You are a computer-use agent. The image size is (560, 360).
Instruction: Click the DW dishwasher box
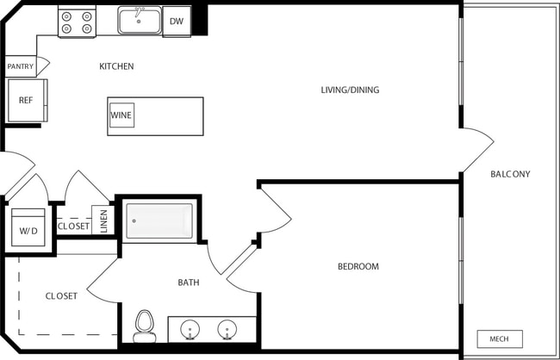pyautogui.click(x=177, y=22)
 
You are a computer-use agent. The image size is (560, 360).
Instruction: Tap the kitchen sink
pyautogui.click(x=140, y=21)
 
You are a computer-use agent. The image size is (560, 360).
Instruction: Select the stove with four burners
pyautogui.click(x=77, y=22)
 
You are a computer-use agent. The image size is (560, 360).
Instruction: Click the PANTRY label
pyautogui.click(x=20, y=66)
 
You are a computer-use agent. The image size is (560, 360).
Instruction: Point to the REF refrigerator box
pyautogui.click(x=26, y=100)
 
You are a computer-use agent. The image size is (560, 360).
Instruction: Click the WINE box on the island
pyautogui.click(x=121, y=115)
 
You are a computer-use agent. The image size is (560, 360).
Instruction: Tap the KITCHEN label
pyautogui.click(x=116, y=66)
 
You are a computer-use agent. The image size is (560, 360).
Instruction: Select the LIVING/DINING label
pyautogui.click(x=350, y=90)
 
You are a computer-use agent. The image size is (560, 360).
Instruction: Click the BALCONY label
pyautogui.click(x=510, y=174)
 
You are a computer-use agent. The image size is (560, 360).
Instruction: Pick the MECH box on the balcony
pyautogui.click(x=499, y=338)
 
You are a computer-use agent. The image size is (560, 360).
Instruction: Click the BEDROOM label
pyautogui.click(x=358, y=267)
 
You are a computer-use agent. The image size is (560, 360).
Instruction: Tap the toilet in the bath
pyautogui.click(x=144, y=326)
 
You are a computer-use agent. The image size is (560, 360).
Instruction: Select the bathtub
pyautogui.click(x=159, y=220)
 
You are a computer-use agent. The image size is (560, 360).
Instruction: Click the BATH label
pyautogui.click(x=189, y=282)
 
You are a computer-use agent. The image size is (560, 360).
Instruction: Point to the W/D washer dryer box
pyautogui.click(x=28, y=230)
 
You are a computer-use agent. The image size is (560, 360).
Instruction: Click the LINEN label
pyautogui.click(x=103, y=221)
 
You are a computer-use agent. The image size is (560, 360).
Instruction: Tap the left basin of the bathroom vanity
pyautogui.click(x=190, y=329)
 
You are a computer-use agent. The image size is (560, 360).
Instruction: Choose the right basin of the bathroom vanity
pyautogui.click(x=227, y=329)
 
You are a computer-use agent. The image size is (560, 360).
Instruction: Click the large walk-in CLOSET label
pyautogui.click(x=61, y=296)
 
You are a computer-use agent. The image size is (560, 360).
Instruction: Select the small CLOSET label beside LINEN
pyautogui.click(x=73, y=227)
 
